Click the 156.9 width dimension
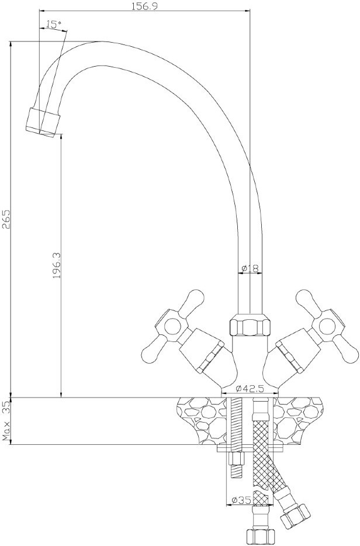click(144, 6)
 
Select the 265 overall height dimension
click(6, 219)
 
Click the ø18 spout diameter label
click(250, 268)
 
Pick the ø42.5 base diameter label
click(249, 389)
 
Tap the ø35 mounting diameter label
click(241, 500)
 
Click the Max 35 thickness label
click(6, 421)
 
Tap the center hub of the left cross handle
click(171, 325)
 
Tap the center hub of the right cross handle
click(328, 325)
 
